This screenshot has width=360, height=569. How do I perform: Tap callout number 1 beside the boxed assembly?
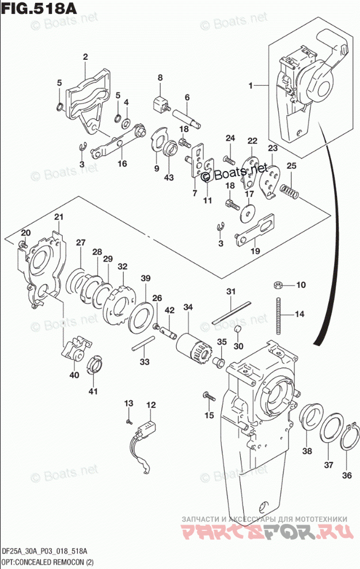(x=251, y=86)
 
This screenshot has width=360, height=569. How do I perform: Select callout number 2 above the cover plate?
(x=85, y=57)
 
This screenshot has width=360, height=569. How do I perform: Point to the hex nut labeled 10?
(x=276, y=284)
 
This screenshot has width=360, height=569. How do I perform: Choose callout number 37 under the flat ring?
(x=328, y=465)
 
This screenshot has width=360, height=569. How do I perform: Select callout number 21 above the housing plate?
(x=58, y=217)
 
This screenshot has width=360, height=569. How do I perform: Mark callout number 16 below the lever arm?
(x=122, y=164)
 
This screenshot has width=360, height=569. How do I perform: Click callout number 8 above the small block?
(x=160, y=78)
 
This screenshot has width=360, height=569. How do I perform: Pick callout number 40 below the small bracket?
(x=74, y=375)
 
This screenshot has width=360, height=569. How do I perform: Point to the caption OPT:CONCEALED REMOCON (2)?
(x=46, y=562)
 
